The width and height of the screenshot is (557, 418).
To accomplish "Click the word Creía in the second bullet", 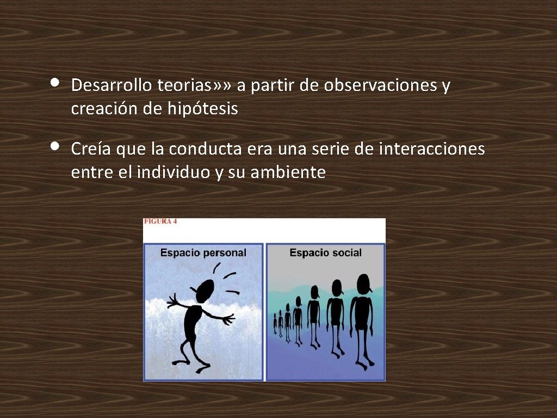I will [89, 149].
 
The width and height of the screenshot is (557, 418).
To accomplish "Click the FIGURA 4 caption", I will [160, 222].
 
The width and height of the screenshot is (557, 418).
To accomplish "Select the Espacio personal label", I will [203, 253].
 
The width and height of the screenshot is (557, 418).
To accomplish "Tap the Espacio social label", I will [325, 253].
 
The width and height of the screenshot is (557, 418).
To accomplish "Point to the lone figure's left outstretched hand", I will [173, 300].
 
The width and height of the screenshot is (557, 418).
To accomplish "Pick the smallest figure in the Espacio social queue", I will [275, 323].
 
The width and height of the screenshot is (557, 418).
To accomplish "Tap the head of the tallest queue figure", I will [363, 283].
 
